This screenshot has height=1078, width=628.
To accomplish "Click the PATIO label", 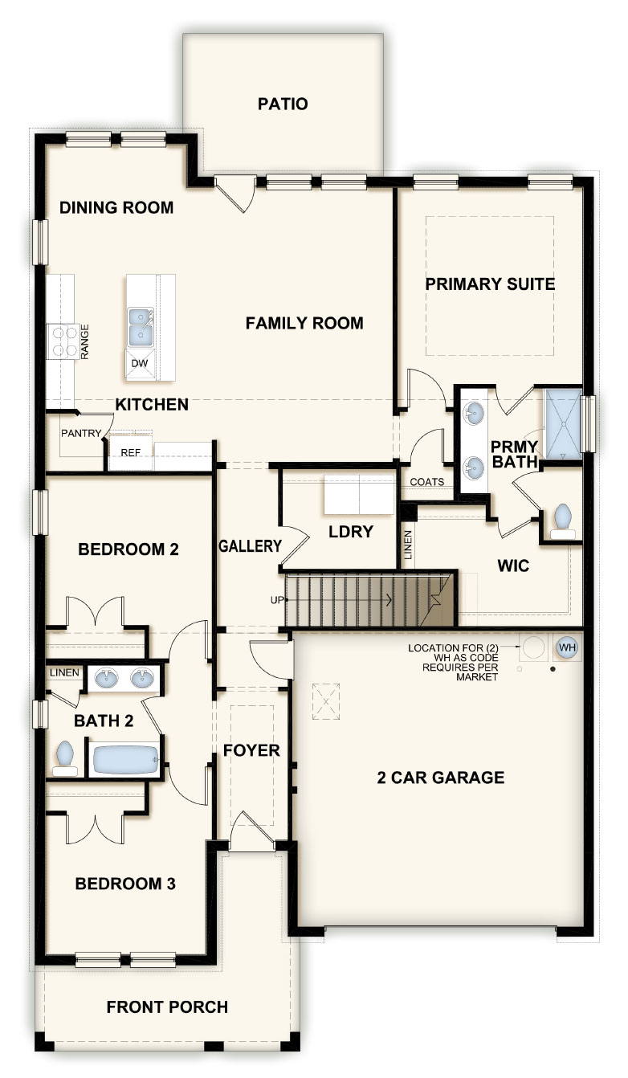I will [283, 104].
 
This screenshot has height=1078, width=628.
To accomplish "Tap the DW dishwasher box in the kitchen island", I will [140, 364].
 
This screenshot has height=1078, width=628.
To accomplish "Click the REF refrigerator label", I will [130, 453].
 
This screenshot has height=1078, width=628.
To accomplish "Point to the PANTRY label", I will [81, 433].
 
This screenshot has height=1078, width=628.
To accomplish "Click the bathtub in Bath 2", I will [125, 760].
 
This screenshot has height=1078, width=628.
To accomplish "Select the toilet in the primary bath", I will [562, 521].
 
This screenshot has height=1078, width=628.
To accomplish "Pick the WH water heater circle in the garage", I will [567, 647].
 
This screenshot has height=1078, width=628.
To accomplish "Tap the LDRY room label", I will [350, 532].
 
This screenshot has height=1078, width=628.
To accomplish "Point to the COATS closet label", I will [426, 482].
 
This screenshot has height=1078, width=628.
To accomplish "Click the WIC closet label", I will [513, 566].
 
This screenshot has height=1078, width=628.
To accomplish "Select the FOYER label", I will [251, 751].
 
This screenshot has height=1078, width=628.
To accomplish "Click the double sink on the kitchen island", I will [141, 326].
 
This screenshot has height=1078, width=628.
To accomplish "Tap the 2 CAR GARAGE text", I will [441, 778].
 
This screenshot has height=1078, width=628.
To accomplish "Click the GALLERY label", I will [250, 546].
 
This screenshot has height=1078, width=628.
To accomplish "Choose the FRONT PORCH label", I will [167, 1007].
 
